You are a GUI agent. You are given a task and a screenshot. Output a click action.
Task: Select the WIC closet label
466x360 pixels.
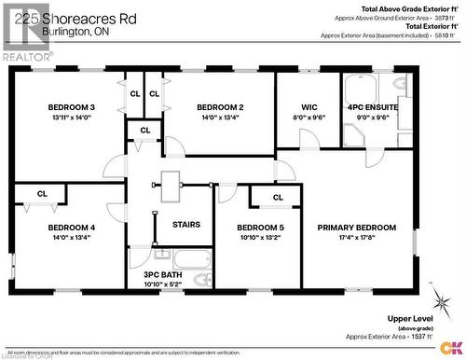tap(309, 107)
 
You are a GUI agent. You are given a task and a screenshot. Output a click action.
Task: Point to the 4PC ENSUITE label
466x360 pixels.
tap(365, 107)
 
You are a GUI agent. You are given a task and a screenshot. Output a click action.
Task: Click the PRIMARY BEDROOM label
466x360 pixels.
tap(357, 228)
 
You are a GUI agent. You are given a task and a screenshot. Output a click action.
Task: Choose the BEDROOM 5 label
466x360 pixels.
tap(260, 228)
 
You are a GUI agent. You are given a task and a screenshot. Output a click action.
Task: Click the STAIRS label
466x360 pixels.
tap(185, 224)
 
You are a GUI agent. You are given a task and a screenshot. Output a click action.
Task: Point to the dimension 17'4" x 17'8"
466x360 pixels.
tap(357, 238)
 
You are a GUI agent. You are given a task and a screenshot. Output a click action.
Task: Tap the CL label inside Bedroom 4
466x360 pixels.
tap(42, 193)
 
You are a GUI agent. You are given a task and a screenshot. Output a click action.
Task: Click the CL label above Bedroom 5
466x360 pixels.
tap(278, 198)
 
